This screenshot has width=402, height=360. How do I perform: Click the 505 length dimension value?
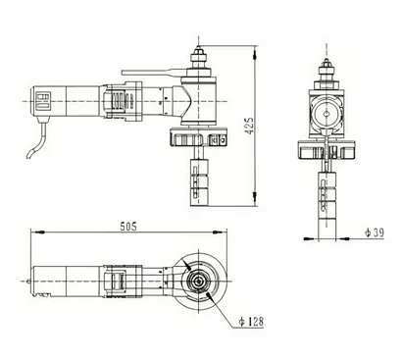[131, 226]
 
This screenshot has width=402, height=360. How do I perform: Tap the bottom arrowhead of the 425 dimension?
[256, 208]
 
